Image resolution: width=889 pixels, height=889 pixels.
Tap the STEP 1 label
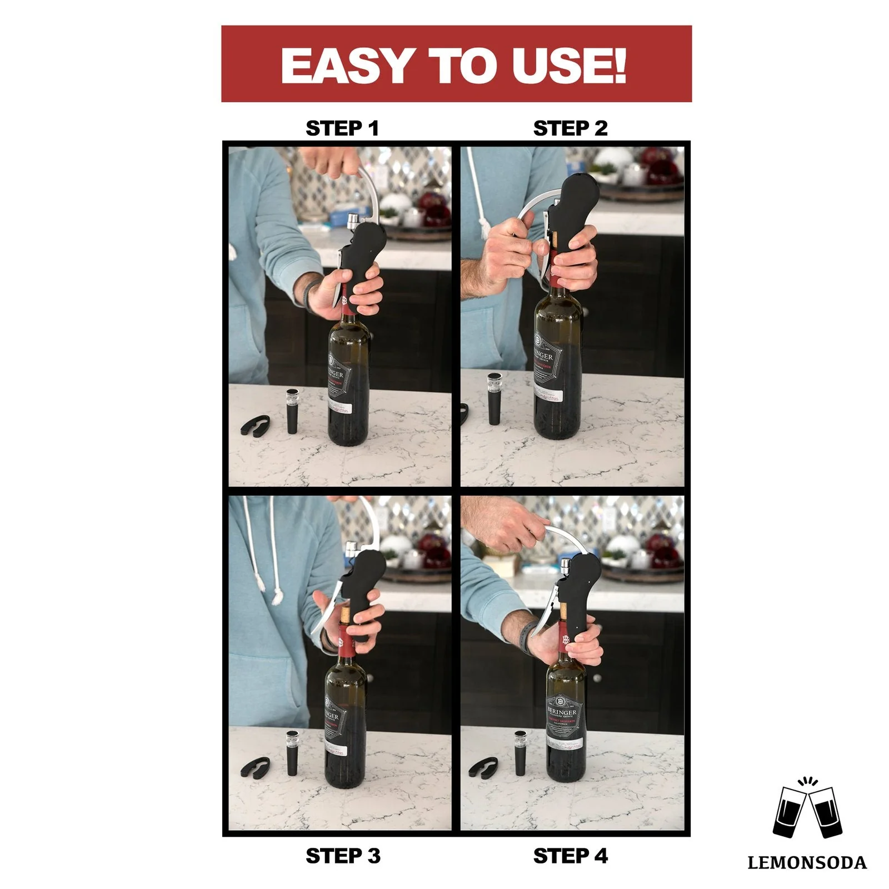point(342,128)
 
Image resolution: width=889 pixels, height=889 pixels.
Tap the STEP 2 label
point(570,128)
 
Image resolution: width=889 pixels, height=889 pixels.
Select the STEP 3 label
point(343,856)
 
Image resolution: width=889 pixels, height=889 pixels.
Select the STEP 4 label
point(570,856)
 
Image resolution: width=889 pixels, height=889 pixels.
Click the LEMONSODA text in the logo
point(807,863)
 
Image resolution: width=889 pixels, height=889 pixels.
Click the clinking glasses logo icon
point(807,812)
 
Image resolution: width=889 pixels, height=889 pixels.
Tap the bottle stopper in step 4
point(521,753)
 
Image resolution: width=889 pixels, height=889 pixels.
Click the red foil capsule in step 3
point(344,645)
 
